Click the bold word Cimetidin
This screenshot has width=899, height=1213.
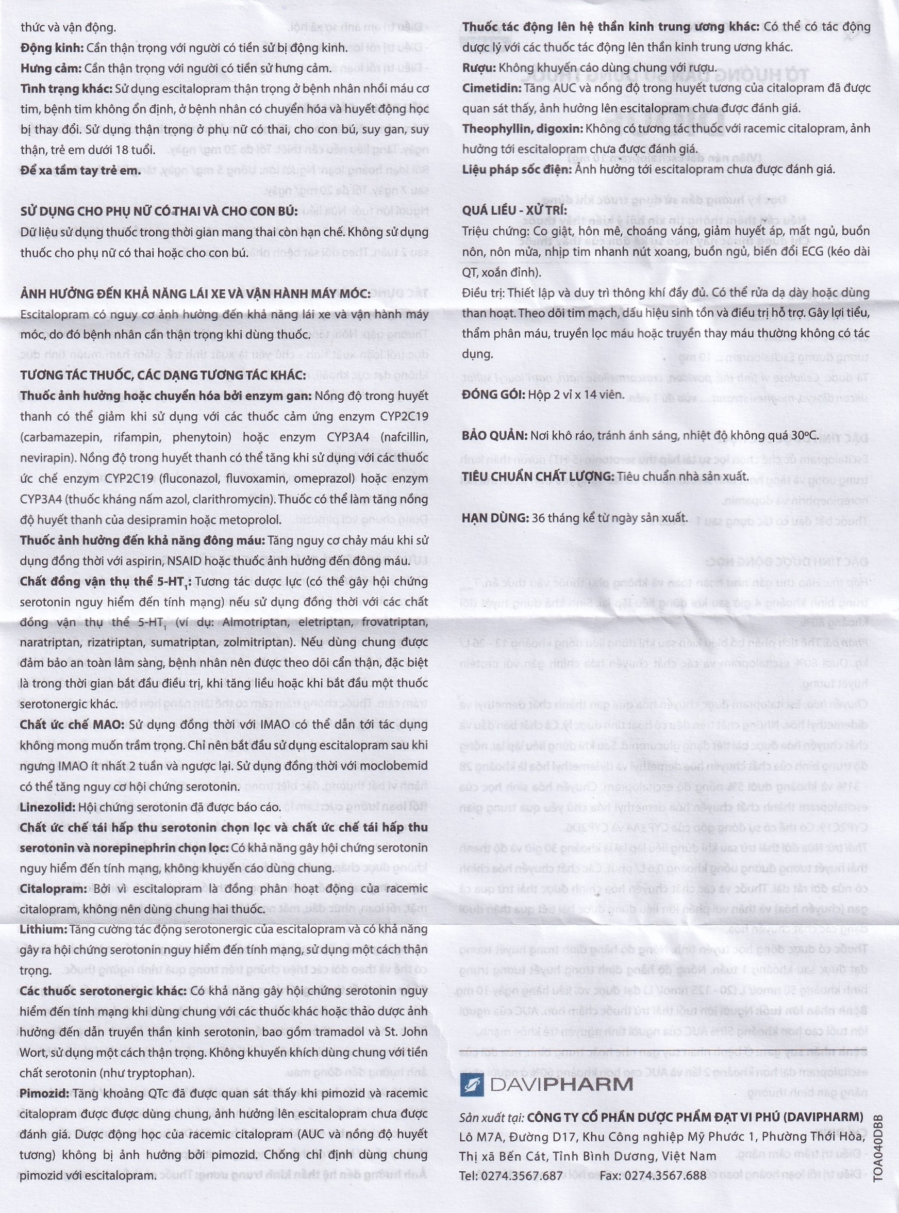[x=491, y=88]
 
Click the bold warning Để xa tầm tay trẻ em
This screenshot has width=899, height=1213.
[x=80, y=170]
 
